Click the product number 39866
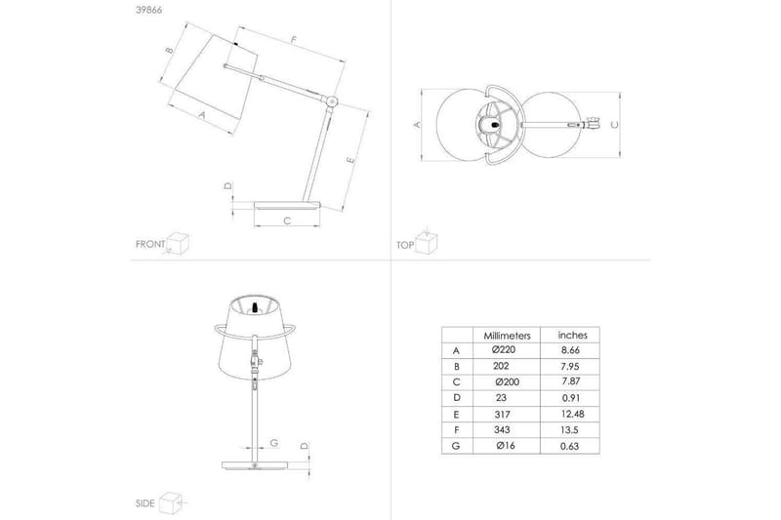(147, 12)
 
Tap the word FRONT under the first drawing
(148, 245)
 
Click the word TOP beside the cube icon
(406, 245)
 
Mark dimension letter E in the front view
(349, 159)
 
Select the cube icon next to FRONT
(178, 244)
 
